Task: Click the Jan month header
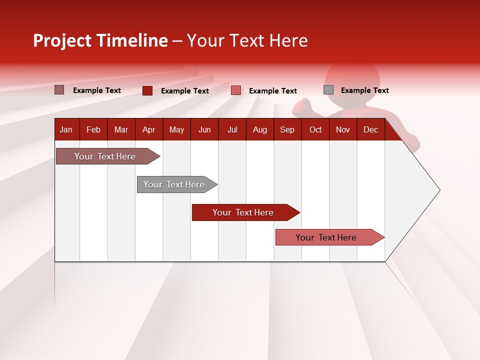pos(66,130)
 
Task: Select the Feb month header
pos(93,130)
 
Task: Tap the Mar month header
pos(121,130)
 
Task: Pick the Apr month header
pos(149,130)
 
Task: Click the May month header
pos(176,130)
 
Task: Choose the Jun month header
pos(204,130)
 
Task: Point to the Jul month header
pos(232,130)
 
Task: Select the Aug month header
pos(260,130)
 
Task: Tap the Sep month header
pos(287,130)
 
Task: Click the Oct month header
pos(315,130)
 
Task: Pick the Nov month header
pos(343,130)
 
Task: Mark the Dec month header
pos(371,130)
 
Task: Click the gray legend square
pos(328,90)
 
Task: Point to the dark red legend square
pos(147,90)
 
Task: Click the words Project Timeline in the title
pos(100,40)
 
